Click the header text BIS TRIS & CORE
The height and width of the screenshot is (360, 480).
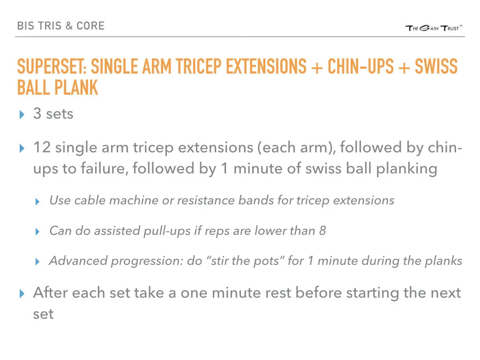tap(60, 26)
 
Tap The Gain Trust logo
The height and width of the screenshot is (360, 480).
tap(434, 29)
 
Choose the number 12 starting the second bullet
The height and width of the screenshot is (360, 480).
tap(42, 148)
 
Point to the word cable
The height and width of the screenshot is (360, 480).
tap(91, 201)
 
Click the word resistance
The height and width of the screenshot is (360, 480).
tap(203, 201)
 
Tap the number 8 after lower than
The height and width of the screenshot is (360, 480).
tap(322, 231)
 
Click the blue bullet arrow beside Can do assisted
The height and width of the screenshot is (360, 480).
tap(38, 232)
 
